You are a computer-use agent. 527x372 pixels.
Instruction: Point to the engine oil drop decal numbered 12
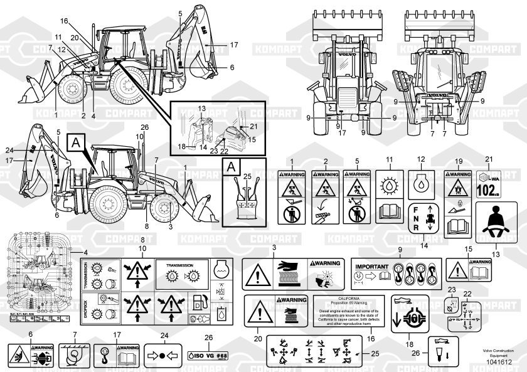click(x=420, y=181)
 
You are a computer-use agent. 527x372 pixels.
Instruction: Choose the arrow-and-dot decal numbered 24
click(x=164, y=356)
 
